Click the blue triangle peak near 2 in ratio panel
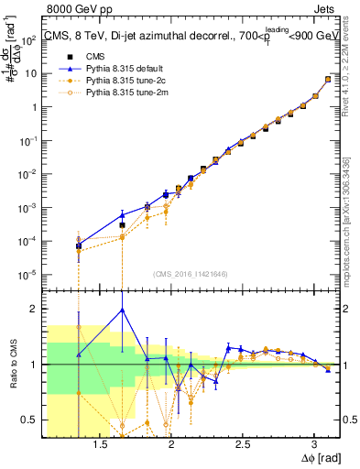click(122, 310)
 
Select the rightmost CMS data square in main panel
click(328, 80)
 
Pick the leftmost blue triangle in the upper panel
click(79, 241)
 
